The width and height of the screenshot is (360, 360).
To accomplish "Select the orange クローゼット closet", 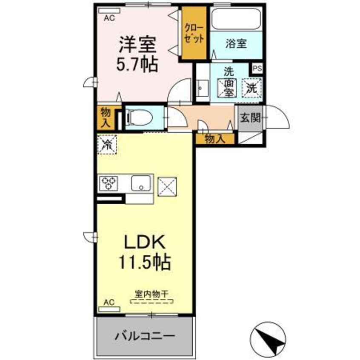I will [194, 33].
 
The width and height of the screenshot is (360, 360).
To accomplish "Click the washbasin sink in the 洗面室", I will [202, 89].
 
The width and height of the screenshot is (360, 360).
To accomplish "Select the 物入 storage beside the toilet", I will [105, 117].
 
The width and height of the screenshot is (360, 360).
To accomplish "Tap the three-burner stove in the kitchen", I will [108, 184].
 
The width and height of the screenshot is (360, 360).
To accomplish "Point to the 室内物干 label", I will [151, 294].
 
